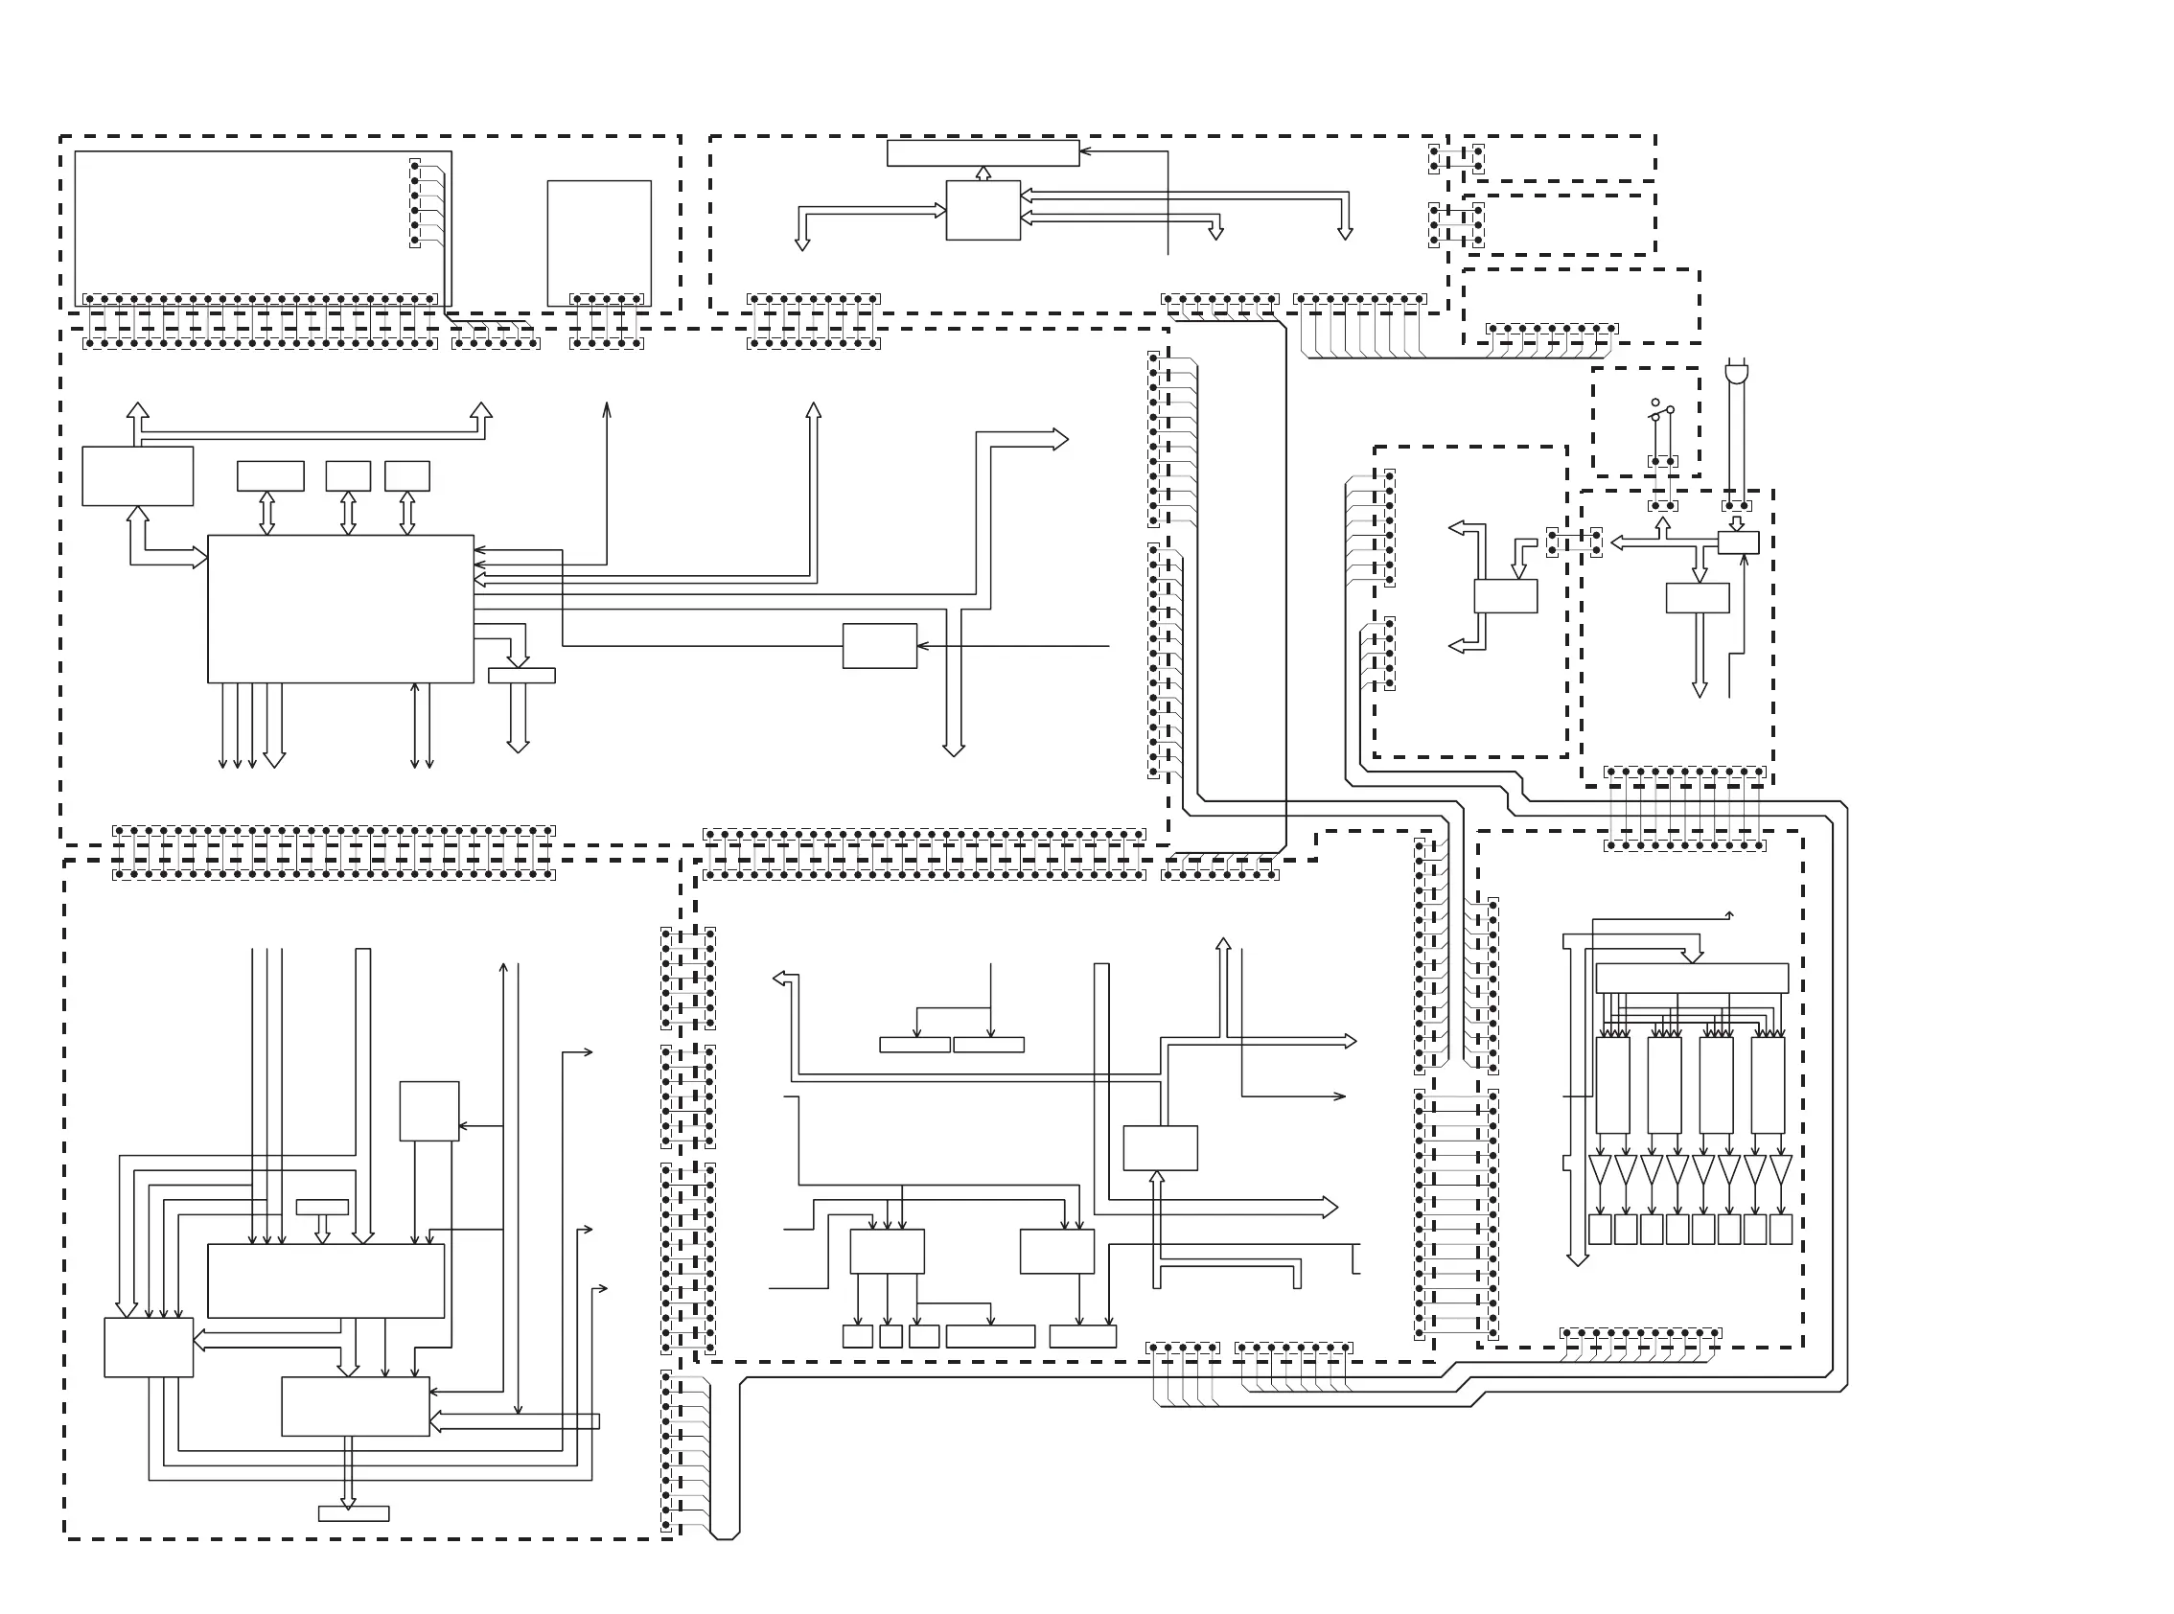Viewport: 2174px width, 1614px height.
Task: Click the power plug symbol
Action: coord(1737,372)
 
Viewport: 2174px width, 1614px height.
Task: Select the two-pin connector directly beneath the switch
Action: coord(1663,461)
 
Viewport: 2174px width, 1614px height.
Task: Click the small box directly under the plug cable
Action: coord(1738,542)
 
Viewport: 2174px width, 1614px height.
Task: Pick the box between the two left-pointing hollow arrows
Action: coord(1505,596)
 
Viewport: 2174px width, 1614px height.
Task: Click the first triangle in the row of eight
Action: coord(1600,1168)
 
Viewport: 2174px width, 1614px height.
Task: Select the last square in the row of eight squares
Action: coord(1780,1229)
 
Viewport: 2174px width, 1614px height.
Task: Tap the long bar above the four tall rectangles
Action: coord(1691,978)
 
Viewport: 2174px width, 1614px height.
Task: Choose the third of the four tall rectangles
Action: coord(1716,1085)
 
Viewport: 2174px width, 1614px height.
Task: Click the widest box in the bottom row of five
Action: coord(990,1335)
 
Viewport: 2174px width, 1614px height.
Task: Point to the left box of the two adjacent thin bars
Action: coord(914,1045)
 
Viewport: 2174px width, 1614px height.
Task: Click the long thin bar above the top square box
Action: coord(983,153)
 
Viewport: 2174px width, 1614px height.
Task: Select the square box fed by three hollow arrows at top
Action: coord(983,210)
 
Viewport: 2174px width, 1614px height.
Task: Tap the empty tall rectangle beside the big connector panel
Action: coord(599,242)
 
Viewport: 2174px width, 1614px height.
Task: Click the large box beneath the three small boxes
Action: coord(340,608)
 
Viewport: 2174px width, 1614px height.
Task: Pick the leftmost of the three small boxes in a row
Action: coord(270,475)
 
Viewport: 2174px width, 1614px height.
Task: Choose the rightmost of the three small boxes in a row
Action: coord(407,475)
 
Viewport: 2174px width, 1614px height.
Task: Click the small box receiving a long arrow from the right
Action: coord(879,646)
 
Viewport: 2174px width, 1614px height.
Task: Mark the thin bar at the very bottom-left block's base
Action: coord(354,1513)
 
